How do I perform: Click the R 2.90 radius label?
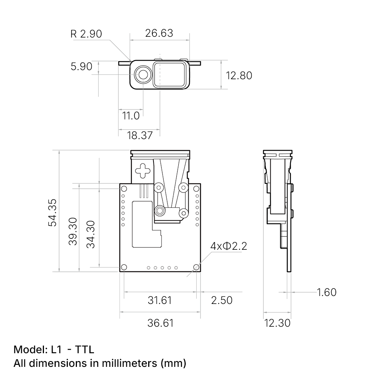86,34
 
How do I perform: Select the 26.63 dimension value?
159,33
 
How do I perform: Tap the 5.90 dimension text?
81,66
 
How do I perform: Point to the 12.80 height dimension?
239,75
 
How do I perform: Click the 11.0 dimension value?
131,115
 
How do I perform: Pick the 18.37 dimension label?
140,135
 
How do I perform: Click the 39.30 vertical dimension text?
73,231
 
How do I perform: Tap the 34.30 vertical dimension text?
91,234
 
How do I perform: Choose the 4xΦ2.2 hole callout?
229,246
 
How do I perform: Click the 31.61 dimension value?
160,300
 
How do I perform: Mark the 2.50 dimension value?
222,300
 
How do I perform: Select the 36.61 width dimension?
160,323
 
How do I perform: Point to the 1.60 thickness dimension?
326,292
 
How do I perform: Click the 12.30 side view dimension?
277,323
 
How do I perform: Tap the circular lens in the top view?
143,74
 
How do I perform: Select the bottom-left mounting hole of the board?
124,268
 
